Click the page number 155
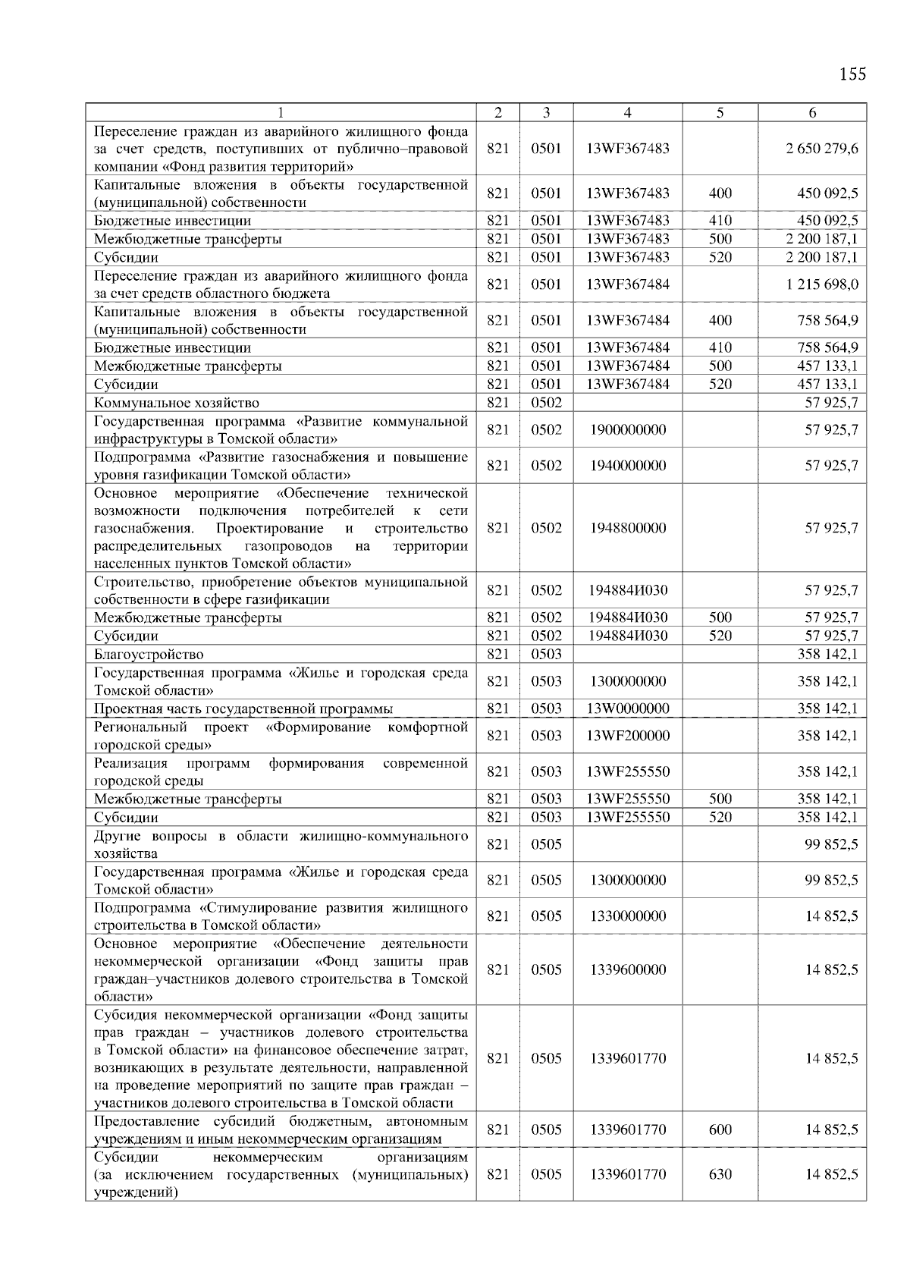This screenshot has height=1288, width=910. coord(852,74)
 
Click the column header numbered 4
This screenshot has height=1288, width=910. coord(627,113)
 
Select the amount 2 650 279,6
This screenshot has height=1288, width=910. coord(822,149)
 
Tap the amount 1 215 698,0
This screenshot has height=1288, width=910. coord(822,284)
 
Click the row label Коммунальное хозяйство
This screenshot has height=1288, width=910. coord(177,403)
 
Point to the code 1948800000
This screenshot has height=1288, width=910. coord(627,528)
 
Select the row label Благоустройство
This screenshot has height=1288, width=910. coord(149,654)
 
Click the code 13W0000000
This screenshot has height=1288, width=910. coord(627,708)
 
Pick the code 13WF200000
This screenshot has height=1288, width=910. coord(627,735)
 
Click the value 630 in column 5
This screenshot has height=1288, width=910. coord(720,1174)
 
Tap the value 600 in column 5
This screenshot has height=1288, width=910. coord(720,1129)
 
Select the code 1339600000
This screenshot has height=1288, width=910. coord(627,969)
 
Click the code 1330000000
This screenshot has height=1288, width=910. coord(627,916)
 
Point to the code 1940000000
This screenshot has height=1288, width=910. coord(627,465)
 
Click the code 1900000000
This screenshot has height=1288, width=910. coord(627,429)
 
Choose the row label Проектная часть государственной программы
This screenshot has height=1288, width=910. coord(243,708)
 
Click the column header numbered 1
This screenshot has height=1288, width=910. coord(281,113)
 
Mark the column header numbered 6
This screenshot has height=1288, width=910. coord(812,113)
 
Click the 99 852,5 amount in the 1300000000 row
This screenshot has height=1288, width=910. coord(831,880)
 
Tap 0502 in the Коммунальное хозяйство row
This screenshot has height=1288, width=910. coord(546,403)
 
